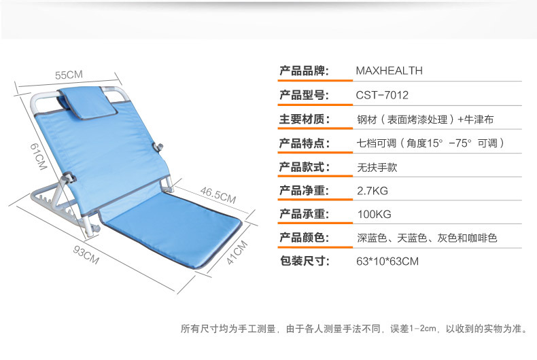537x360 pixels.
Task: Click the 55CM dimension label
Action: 69,74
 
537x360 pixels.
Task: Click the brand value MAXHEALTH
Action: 389,70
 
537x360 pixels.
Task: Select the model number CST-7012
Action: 382,95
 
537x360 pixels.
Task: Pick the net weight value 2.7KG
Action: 373,190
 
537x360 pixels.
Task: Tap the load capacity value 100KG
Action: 374,214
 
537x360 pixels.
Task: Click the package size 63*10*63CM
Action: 387,261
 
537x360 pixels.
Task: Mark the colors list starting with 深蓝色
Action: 427,238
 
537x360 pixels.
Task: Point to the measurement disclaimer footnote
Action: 354,329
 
